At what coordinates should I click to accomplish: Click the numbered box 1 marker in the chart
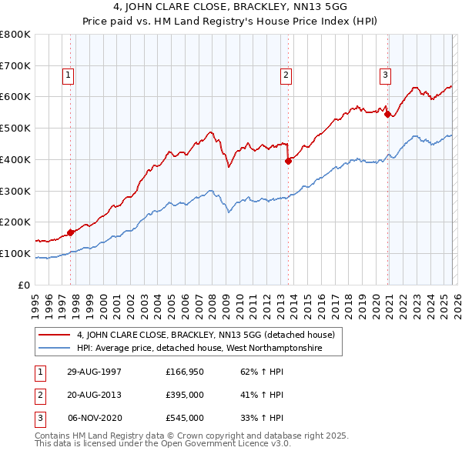[x=69, y=75]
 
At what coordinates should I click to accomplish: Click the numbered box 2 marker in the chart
[x=286, y=75]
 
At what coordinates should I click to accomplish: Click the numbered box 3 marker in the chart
[x=384, y=75]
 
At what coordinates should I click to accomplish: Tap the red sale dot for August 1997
[x=71, y=232]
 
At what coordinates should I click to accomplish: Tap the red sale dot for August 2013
[x=288, y=161]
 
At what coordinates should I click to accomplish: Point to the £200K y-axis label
[x=15, y=222]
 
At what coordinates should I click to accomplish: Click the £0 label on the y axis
[x=23, y=285]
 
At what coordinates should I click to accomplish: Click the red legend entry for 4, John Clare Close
[x=205, y=335]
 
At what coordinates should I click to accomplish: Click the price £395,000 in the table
[x=184, y=395]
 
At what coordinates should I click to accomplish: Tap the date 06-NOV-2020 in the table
[x=95, y=418]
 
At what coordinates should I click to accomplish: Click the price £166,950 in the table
[x=184, y=372]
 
